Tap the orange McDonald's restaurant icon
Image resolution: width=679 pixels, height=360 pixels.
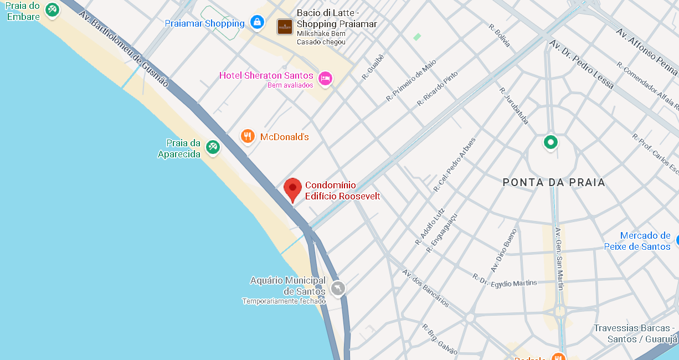[x=248, y=136]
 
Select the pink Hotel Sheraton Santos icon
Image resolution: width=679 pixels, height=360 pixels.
[x=325, y=78]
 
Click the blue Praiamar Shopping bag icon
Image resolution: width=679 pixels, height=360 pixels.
[x=257, y=22]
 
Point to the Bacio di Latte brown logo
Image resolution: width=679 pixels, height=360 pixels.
[x=285, y=26]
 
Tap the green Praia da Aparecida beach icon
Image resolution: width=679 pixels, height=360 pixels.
[x=213, y=147]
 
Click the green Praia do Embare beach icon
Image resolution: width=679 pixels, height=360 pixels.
[x=52, y=9]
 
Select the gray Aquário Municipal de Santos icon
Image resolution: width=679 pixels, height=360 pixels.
[x=337, y=288]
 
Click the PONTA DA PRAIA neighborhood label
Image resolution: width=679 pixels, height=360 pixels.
[x=554, y=182]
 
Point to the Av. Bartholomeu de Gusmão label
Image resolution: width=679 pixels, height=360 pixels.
[x=124, y=48]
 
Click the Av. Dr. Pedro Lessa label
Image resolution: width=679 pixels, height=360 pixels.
[x=582, y=64]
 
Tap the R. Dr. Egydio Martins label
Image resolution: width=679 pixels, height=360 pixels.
[x=505, y=280]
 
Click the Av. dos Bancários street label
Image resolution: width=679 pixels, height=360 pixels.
[x=425, y=288]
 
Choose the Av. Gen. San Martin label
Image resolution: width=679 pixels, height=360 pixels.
[x=559, y=259]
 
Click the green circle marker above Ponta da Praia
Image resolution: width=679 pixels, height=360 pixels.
[x=550, y=142]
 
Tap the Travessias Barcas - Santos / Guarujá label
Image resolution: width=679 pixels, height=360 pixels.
[x=636, y=333]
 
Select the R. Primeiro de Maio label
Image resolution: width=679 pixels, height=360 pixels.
[x=411, y=80]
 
